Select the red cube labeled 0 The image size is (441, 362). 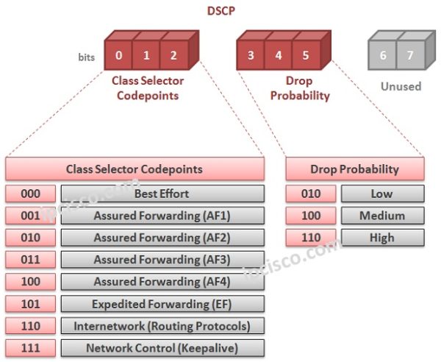[x=118, y=55]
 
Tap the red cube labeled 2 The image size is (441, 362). [x=173, y=55]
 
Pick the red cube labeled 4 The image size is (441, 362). [x=278, y=55]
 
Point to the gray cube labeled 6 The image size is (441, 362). [x=382, y=55]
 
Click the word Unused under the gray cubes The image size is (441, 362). [x=401, y=86]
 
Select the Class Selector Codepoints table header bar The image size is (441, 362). [x=135, y=169]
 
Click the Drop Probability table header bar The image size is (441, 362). [x=354, y=169]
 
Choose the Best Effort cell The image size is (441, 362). [x=162, y=194]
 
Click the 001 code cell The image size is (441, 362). [x=30, y=216]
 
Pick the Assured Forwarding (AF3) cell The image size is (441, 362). [x=162, y=260]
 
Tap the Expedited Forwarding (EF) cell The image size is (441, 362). [x=162, y=304]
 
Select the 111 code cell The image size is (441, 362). [x=30, y=348]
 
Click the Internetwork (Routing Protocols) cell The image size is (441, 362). [x=162, y=326]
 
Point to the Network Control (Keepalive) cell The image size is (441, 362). [x=162, y=348]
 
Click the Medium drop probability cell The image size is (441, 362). [x=382, y=216]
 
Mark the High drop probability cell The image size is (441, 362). [x=382, y=238]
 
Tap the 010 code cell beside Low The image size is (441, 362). [x=311, y=194]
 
